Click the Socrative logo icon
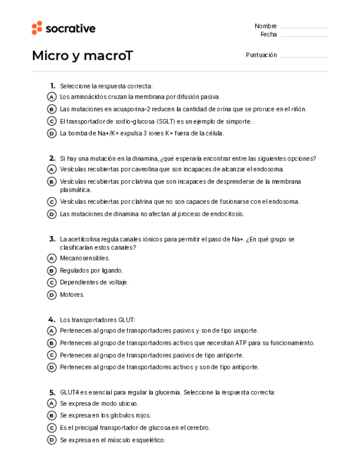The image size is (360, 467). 37,28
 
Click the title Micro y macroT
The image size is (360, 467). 82,56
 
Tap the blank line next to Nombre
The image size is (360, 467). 304,27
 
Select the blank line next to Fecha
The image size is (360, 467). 304,35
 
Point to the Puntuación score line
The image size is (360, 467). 304,56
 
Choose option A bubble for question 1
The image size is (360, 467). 52,97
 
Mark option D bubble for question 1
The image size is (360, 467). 52,133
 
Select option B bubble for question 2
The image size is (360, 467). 52,182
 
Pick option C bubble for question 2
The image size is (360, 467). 52,202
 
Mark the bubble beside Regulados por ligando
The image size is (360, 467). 52,270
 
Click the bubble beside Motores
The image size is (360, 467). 52,295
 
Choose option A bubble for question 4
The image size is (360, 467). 52,331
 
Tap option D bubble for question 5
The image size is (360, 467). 52,440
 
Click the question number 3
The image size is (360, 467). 52,239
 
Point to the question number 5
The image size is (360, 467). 52,392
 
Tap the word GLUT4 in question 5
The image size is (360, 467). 69,393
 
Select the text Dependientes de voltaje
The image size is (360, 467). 94,283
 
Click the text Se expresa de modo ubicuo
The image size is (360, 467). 99,404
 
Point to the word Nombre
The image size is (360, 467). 265,26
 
